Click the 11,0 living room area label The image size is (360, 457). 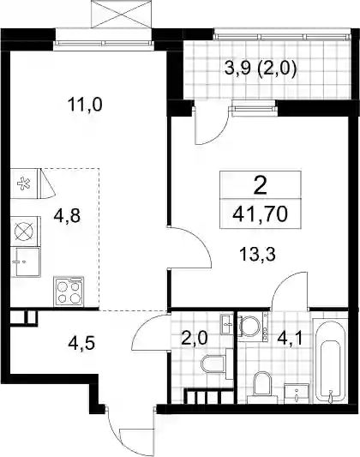tap(85, 105)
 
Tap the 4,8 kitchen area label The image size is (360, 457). tap(67, 216)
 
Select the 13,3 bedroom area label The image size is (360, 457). tap(257, 254)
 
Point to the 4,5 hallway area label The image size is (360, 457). tap(81, 343)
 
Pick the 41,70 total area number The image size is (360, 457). tap(260, 214)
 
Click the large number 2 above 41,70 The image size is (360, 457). tap(260, 186)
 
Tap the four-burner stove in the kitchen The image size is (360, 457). tap(69, 292)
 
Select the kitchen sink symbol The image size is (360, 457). tap(26, 262)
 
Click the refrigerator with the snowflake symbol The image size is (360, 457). tap(25, 183)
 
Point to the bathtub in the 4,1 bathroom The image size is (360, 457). tap(330, 361)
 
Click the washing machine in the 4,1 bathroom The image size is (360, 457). tap(253, 327)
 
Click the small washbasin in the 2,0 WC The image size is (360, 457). tap(227, 323)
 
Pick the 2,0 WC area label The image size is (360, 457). tap(195, 339)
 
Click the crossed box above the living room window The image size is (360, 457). tap(121, 14)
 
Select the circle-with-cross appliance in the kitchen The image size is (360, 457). tap(25, 232)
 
